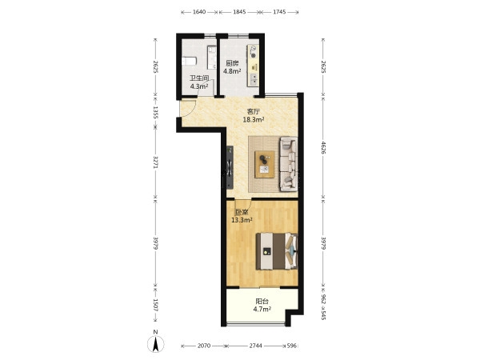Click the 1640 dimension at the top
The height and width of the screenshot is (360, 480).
198,12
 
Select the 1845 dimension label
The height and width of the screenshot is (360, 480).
239,12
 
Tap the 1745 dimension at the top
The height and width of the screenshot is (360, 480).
279,12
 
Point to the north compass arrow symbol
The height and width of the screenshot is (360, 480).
156,343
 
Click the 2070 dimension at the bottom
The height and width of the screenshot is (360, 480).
203,346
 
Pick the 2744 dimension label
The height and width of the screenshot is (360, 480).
255,346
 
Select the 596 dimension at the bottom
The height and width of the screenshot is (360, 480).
292,346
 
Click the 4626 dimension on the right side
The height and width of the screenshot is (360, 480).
323,146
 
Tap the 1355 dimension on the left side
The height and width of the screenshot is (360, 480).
155,112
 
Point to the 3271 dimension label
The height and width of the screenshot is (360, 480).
155,162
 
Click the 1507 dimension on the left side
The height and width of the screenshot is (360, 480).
155,305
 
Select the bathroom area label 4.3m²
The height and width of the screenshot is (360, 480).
199,86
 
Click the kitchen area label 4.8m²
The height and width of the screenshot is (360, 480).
231,71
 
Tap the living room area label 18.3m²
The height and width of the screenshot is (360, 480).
254,120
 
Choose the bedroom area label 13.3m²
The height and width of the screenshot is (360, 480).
242,220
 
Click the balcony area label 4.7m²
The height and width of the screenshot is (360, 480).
262,309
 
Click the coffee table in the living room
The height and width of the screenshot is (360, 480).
265,164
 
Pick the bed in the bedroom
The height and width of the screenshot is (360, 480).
277,251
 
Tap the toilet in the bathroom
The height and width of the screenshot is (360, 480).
189,61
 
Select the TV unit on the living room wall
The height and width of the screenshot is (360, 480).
230,167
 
